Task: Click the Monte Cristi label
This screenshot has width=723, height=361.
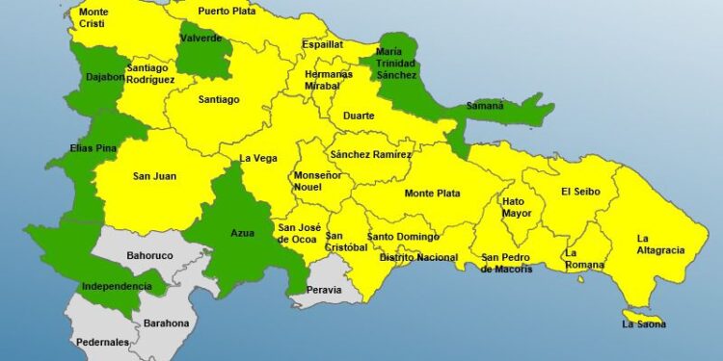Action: pos(94,17)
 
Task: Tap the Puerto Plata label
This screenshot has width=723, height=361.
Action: pos(230,12)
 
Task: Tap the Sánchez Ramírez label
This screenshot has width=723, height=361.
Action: pos(370,154)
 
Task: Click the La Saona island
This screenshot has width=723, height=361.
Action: pos(642,318)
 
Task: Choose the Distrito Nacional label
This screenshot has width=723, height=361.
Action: pos(418,257)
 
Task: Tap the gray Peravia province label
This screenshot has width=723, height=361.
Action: pos(323,289)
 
